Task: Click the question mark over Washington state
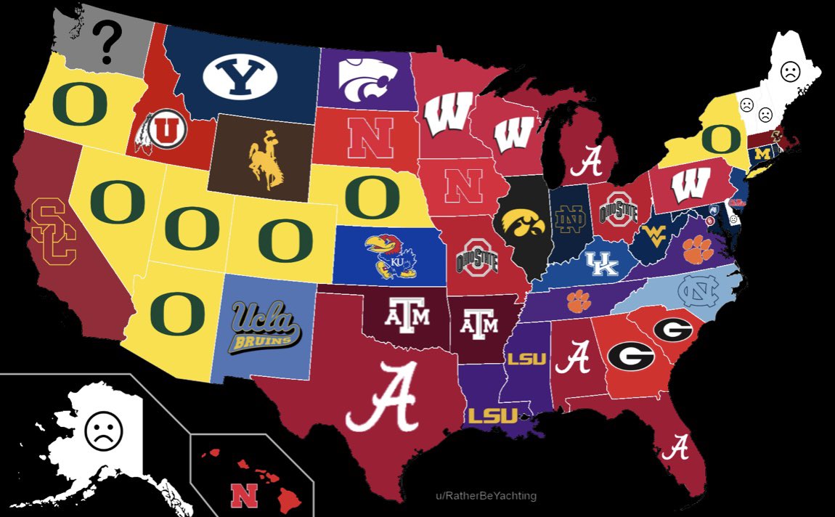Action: pyautogui.click(x=107, y=42)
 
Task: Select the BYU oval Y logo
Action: pyautogui.click(x=239, y=76)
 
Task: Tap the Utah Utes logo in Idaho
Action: pyautogui.click(x=162, y=131)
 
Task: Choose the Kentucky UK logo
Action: pyautogui.click(x=603, y=264)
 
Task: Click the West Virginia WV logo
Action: pyautogui.click(x=658, y=237)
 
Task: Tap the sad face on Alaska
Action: pyautogui.click(x=104, y=430)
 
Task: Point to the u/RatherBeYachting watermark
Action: pyautogui.click(x=486, y=496)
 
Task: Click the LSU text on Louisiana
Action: pyautogui.click(x=492, y=416)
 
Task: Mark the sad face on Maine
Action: pyautogui.click(x=790, y=72)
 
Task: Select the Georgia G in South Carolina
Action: pyautogui.click(x=672, y=330)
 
